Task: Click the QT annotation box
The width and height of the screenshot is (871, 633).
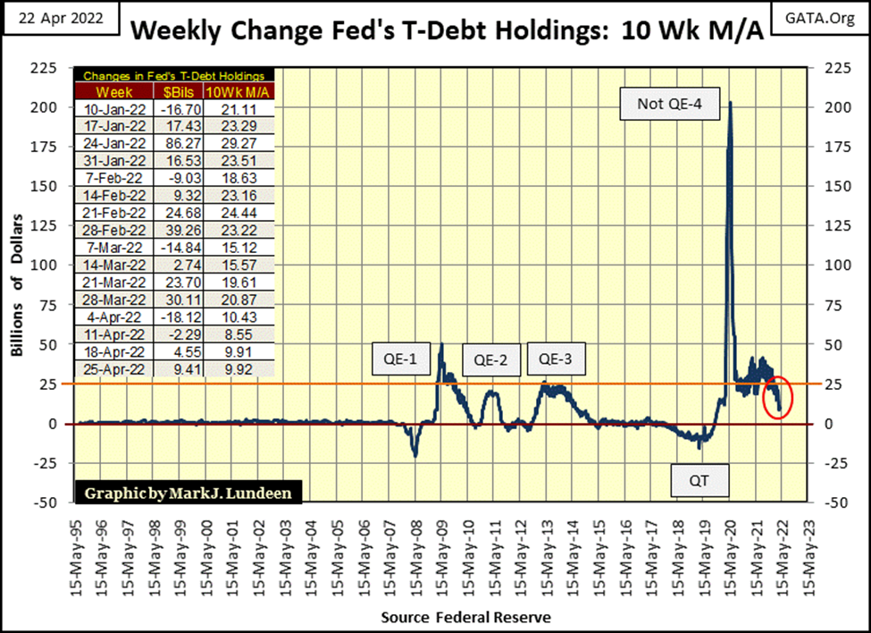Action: [x=700, y=481]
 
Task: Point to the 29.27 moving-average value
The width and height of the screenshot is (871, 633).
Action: [x=239, y=141]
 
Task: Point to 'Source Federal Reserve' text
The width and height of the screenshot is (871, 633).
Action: [x=465, y=617]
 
